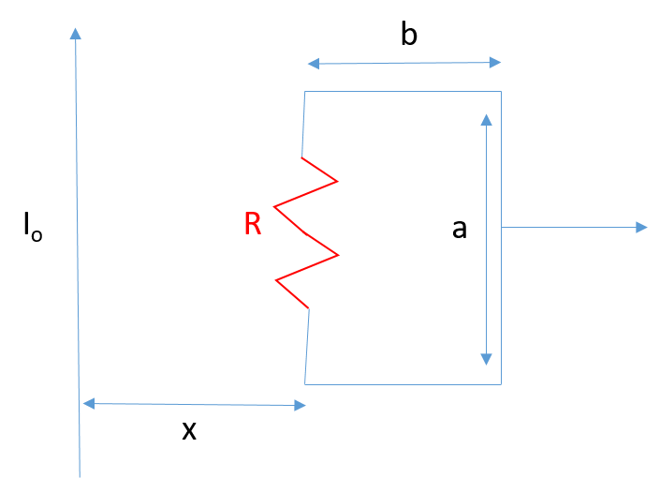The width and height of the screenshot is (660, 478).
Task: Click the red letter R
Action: click(x=252, y=224)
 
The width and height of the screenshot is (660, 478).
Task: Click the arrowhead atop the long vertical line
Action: click(x=75, y=33)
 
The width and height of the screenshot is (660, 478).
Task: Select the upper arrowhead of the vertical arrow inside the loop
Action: click(x=486, y=119)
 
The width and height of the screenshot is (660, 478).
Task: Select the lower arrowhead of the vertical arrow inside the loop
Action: click(x=486, y=359)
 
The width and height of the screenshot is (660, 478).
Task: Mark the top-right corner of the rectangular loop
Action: click(x=501, y=91)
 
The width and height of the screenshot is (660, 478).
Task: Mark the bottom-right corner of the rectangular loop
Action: click(x=501, y=384)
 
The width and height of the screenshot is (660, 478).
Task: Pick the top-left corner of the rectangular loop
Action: click(x=305, y=91)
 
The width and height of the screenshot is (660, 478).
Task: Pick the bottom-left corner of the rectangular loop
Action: click(x=305, y=384)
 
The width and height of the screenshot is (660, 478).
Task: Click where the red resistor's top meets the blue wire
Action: click(x=301, y=157)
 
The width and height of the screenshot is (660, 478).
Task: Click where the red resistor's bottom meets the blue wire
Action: click(x=309, y=308)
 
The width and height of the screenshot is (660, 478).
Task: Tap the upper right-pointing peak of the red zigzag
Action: click(x=337, y=181)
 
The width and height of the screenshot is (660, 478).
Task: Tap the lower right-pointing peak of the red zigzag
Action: click(x=338, y=255)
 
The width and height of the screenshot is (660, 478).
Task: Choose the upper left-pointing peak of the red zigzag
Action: click(x=273, y=206)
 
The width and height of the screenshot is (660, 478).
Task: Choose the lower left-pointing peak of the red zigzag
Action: click(x=275, y=279)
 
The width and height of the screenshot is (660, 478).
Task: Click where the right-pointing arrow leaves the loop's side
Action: click(x=501, y=227)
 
